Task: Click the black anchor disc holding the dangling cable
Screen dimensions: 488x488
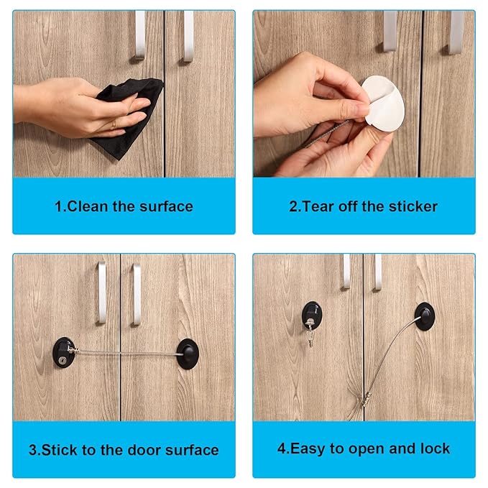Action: [425, 315]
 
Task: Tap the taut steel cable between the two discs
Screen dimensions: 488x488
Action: [126, 352]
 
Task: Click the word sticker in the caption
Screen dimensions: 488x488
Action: [411, 206]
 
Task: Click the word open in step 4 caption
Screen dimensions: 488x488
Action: [368, 448]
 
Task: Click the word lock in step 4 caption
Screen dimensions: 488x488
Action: [436, 448]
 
